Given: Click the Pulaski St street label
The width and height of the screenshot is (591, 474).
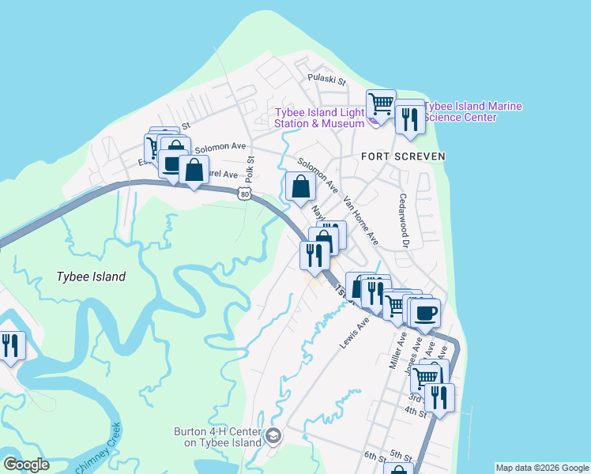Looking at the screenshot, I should click(x=327, y=81).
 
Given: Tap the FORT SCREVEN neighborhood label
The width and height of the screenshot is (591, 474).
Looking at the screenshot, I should click(x=403, y=156).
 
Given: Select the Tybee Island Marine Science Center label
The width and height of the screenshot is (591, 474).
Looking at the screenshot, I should click(x=472, y=111).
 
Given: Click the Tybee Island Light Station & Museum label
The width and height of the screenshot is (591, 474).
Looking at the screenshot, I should click(x=319, y=118).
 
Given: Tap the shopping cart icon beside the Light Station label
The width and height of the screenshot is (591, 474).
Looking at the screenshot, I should click(x=381, y=103).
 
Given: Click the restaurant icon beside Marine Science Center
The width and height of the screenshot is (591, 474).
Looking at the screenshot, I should click(x=409, y=117).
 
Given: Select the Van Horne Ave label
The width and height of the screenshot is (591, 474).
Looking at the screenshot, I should click(x=361, y=221).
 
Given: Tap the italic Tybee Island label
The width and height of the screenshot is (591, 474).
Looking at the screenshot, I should click(x=91, y=276).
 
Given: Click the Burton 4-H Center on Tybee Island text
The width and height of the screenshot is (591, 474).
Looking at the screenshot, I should click(x=218, y=437).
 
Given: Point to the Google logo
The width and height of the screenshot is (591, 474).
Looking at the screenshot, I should click(x=26, y=464).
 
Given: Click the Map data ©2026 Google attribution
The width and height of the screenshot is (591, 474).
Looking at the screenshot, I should click(x=541, y=468).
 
